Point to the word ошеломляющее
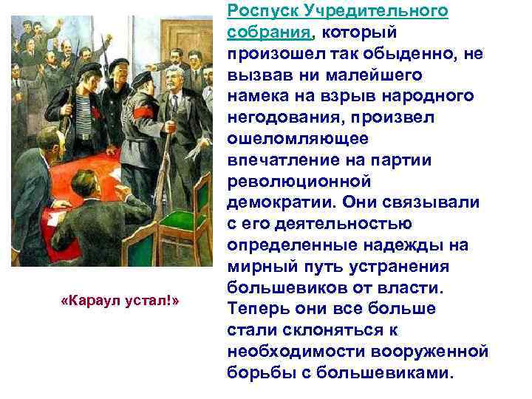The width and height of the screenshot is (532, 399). coord(280,140)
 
